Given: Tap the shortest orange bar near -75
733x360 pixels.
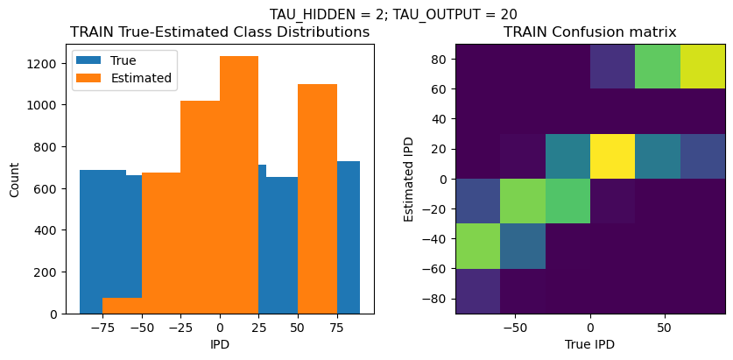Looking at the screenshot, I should click(122, 306).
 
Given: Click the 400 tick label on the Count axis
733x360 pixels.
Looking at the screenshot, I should click(49, 230).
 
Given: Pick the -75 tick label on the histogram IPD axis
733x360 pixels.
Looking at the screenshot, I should click(102, 327).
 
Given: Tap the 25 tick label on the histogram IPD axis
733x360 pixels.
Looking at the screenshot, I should click(258, 327).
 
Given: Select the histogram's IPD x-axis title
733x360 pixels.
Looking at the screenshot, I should click(220, 344).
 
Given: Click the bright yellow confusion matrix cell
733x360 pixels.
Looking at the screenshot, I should click(613, 156).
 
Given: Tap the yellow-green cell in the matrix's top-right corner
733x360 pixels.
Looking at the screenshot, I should click(703, 67).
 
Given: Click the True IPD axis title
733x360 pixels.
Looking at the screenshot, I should click(590, 344).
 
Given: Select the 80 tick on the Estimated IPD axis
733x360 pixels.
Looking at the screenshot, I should click(441, 59).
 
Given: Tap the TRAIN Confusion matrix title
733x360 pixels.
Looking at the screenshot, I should click(590, 32).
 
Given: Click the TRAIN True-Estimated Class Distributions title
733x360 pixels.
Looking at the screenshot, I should click(220, 32).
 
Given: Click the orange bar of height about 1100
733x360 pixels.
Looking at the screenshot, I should click(317, 201).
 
